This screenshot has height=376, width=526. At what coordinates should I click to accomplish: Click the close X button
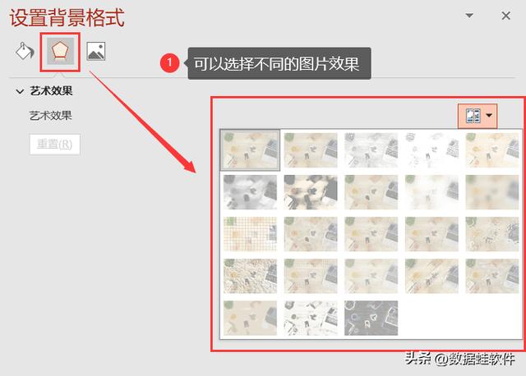(x=505, y=15)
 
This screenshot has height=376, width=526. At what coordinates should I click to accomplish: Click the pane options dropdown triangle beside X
(x=469, y=15)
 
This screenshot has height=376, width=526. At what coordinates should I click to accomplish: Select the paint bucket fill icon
(x=25, y=52)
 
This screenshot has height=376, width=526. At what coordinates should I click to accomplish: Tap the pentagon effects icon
(x=60, y=52)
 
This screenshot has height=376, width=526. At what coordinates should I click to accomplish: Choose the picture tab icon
(x=96, y=52)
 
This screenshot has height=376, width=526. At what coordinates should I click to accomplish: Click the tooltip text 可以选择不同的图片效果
(x=277, y=63)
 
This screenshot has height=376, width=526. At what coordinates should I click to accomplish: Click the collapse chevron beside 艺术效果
(x=20, y=90)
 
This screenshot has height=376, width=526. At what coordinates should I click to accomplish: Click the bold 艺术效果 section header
(x=52, y=90)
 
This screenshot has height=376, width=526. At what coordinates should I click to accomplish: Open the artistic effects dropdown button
(x=478, y=117)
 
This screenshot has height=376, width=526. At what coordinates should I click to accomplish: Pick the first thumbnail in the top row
(x=251, y=149)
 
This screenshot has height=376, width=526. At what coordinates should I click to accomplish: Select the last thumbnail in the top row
(x=492, y=149)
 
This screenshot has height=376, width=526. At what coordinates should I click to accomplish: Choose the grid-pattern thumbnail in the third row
(x=251, y=234)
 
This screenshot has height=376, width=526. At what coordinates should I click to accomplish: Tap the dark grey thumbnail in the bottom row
(x=371, y=318)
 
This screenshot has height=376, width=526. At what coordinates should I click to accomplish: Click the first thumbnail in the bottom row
(x=251, y=318)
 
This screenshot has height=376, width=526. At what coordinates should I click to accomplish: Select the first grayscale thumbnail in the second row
(x=251, y=191)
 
